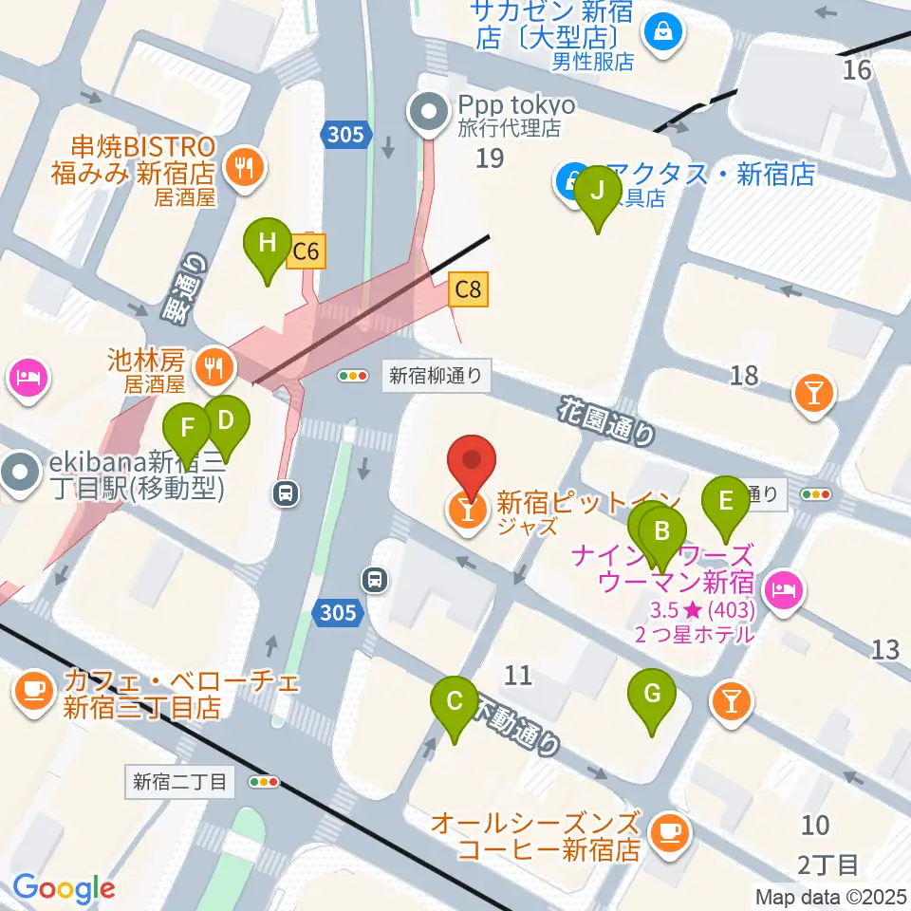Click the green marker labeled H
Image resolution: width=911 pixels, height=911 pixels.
click(x=269, y=242)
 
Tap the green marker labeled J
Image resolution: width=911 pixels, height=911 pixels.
click(x=597, y=190)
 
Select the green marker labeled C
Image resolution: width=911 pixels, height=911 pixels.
click(x=454, y=702)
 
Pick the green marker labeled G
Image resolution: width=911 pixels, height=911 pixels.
click(x=652, y=694)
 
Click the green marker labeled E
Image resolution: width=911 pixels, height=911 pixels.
click(x=726, y=500)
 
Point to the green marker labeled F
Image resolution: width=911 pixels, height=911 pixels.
click(x=187, y=426)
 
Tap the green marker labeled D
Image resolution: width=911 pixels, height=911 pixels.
click(x=225, y=419)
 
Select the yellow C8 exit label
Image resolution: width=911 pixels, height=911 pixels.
click(x=468, y=289)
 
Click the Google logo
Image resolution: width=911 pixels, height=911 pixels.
click(x=64, y=888)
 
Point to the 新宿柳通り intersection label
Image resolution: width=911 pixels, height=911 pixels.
click(x=438, y=376)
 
